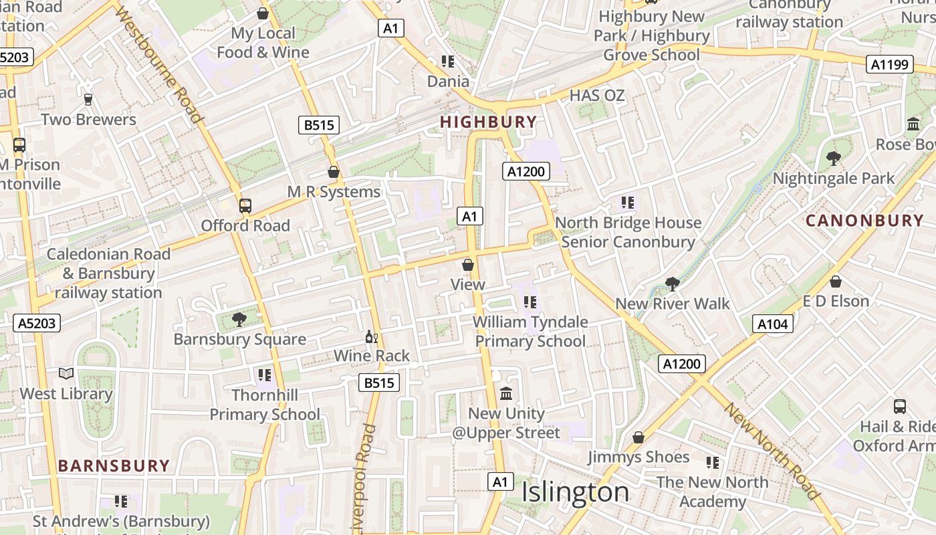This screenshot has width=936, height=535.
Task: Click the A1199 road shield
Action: coord(890,64)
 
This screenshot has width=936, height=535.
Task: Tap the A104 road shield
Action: coord(773,324)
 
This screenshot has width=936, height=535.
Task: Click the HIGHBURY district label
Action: coord(489,122)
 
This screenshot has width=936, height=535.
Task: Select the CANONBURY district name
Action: coord(864,220)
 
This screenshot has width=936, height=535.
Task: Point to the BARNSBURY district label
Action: coord(114,465)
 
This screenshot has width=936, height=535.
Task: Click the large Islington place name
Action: coord(575,492)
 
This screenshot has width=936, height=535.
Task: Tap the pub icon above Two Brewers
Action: coord(88,100)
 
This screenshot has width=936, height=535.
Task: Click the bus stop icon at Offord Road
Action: coord(245,206)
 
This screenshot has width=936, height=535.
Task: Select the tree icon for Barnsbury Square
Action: coord(239,320)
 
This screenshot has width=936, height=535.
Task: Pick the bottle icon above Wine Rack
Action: coord(372,336)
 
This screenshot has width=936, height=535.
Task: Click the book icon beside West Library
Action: coord(66,374)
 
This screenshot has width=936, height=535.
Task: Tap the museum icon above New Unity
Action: coord(506,393)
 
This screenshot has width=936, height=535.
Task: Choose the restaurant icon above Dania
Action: coord(448,62)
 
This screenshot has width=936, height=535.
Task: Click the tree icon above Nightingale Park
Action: coord(833,158)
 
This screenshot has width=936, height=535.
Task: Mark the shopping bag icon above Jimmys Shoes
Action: coord(638,437)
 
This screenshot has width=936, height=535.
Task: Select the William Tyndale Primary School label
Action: coord(530,331)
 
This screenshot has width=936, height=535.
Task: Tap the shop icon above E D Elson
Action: coord(836,282)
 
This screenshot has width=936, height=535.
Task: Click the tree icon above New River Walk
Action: coord(672,284)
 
